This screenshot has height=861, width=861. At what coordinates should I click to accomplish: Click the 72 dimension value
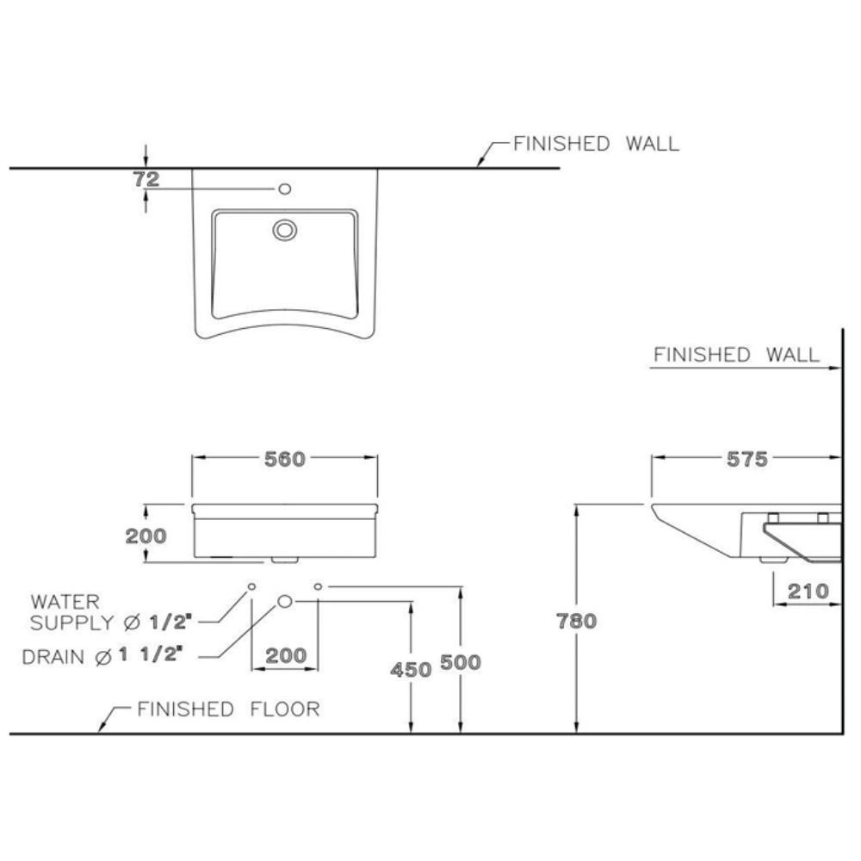point(147,179)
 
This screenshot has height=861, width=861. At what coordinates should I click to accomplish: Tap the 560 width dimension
point(284,459)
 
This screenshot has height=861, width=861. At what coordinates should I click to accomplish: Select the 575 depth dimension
point(746,459)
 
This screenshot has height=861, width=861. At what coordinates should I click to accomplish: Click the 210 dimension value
point(807,592)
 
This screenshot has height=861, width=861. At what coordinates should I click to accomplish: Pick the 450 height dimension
point(411,669)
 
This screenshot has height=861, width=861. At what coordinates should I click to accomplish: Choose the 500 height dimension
point(461,662)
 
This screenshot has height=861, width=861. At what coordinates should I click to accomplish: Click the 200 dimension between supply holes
point(285,655)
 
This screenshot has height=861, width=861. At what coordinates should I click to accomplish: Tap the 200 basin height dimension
point(146,536)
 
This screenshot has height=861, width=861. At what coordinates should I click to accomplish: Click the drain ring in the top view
point(284,229)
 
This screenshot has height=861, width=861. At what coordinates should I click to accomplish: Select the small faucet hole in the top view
point(284,188)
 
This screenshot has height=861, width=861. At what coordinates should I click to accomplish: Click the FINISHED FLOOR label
point(229,709)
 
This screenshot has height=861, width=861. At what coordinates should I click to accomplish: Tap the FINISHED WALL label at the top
point(596,144)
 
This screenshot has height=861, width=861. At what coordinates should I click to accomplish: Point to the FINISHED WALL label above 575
point(736,355)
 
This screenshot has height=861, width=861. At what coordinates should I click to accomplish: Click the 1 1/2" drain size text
point(151,655)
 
